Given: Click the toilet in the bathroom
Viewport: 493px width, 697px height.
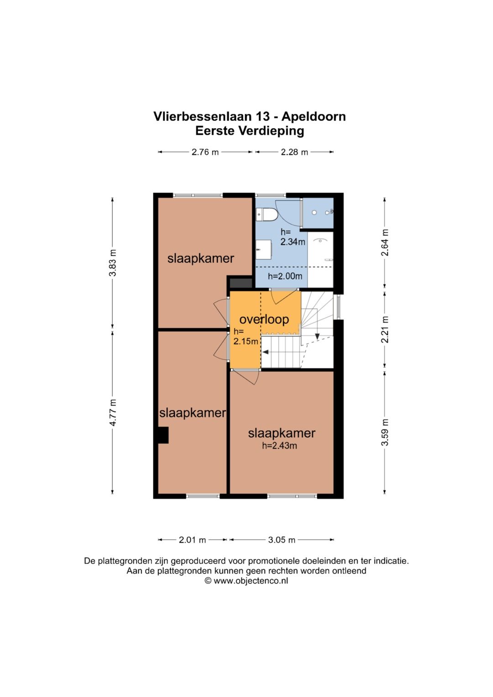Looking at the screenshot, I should (x=267, y=214).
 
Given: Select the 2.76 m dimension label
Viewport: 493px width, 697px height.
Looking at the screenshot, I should (x=205, y=152).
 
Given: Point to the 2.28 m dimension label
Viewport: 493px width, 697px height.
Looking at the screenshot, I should (x=294, y=152).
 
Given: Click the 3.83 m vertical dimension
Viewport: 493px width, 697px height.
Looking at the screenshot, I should (x=113, y=263).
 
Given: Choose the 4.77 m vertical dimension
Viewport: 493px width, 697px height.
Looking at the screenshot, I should (x=113, y=413).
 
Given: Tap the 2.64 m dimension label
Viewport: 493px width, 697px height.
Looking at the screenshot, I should (x=385, y=242).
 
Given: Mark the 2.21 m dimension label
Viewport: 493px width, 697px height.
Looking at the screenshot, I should (x=385, y=330).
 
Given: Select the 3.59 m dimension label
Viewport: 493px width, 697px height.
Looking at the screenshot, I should (x=385, y=432).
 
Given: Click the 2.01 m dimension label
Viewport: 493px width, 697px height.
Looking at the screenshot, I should (x=192, y=540).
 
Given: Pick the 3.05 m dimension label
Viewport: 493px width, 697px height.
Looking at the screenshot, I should (x=282, y=540).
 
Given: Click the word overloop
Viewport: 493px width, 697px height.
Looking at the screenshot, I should (x=264, y=319).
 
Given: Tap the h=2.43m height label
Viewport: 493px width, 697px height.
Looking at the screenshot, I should (x=279, y=446).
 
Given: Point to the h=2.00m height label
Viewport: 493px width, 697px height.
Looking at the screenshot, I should (x=285, y=276).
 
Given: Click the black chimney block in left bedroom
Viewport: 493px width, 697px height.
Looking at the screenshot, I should (x=163, y=435).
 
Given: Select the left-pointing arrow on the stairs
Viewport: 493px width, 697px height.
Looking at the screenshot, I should (x=265, y=352).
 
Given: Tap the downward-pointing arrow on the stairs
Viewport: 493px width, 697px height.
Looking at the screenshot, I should (x=317, y=336).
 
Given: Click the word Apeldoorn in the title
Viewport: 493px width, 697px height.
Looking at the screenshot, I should (x=313, y=116).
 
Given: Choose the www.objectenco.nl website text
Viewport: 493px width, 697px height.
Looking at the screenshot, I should (x=251, y=581).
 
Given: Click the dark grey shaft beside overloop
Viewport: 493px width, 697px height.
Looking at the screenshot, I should (x=241, y=283).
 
